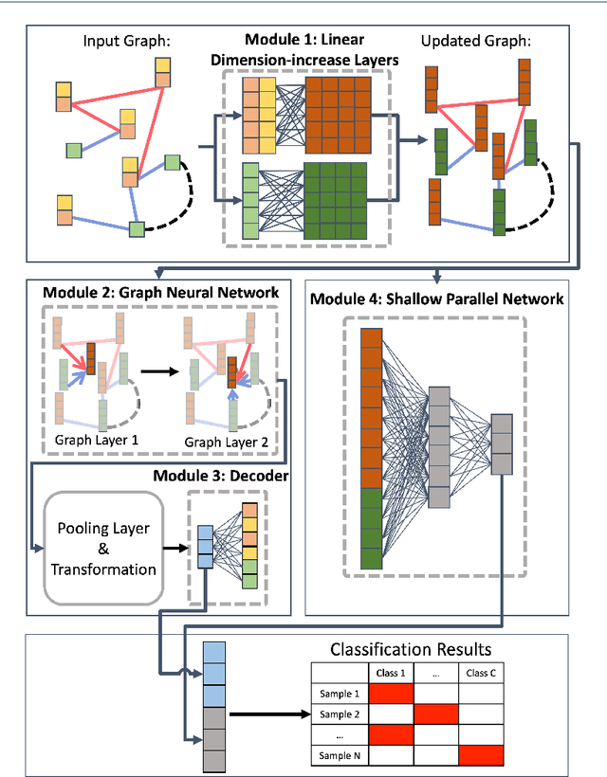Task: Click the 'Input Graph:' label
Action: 126,41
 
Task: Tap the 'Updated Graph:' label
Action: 475,41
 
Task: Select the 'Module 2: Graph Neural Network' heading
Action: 160,293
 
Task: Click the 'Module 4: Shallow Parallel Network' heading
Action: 437,298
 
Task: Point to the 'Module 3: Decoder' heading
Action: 221,476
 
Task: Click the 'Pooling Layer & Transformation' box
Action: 103,548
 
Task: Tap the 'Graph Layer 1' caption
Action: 96,440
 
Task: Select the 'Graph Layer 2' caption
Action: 226,442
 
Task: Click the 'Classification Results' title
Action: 411,649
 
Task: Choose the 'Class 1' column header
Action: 391,673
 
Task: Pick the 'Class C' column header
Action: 481,673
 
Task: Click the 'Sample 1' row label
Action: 340,694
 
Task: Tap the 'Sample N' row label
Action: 340,756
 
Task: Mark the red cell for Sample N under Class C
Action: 481,756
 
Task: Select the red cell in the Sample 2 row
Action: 436,714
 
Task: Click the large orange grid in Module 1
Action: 339,115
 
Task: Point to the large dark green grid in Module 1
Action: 335,201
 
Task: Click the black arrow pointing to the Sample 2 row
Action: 270,714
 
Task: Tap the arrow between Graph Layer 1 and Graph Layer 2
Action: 159,371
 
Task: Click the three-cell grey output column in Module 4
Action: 502,444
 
